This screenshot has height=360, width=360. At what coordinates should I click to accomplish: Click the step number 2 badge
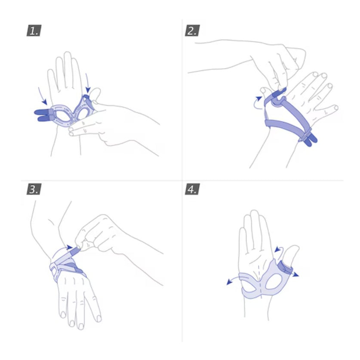(x=191, y=31)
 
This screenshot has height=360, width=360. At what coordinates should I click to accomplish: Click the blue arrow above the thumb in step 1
(x=89, y=83)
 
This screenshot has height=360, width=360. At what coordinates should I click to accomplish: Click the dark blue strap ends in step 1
(x=42, y=115)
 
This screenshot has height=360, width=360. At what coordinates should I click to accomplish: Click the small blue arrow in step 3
(x=69, y=248)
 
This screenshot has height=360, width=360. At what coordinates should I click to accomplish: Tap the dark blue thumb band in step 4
(x=285, y=269)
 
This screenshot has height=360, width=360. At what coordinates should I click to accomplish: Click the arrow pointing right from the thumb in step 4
(x=296, y=274)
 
